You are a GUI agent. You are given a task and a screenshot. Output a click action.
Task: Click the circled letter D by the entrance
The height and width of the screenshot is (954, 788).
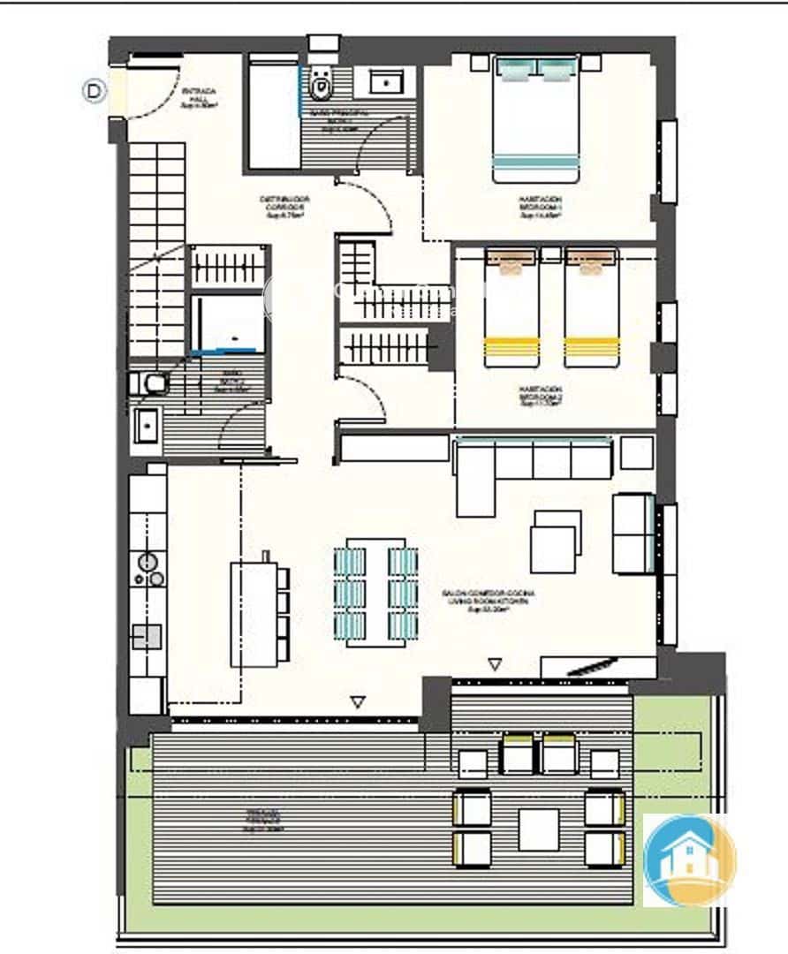95,91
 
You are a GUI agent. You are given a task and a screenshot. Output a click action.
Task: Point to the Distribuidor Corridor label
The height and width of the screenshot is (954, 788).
283,206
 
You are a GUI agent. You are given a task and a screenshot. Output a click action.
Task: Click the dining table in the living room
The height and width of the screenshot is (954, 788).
375,592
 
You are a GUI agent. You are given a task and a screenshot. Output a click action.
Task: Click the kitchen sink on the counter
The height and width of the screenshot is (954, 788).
146,636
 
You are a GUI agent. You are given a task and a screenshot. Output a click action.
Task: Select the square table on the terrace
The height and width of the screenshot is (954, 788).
538,829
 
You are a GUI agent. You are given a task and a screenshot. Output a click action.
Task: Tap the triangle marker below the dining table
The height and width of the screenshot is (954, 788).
358,702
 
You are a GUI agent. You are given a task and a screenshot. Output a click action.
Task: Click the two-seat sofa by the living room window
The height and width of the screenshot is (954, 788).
633,533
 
